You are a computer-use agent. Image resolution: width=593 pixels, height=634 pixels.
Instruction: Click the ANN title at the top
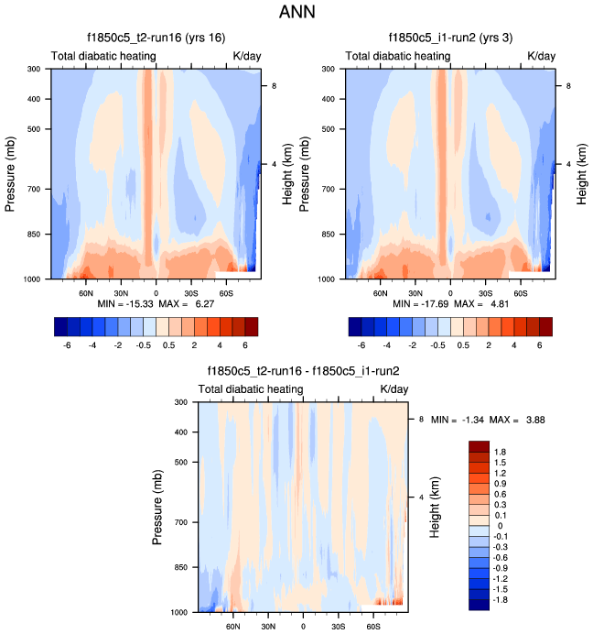tap(296, 14)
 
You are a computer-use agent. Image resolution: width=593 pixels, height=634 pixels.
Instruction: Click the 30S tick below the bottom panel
tap(338, 626)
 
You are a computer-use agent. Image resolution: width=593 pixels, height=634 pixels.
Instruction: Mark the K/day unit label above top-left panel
tap(247, 57)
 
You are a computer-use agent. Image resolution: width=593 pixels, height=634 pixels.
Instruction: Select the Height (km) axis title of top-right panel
tap(583, 173)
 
